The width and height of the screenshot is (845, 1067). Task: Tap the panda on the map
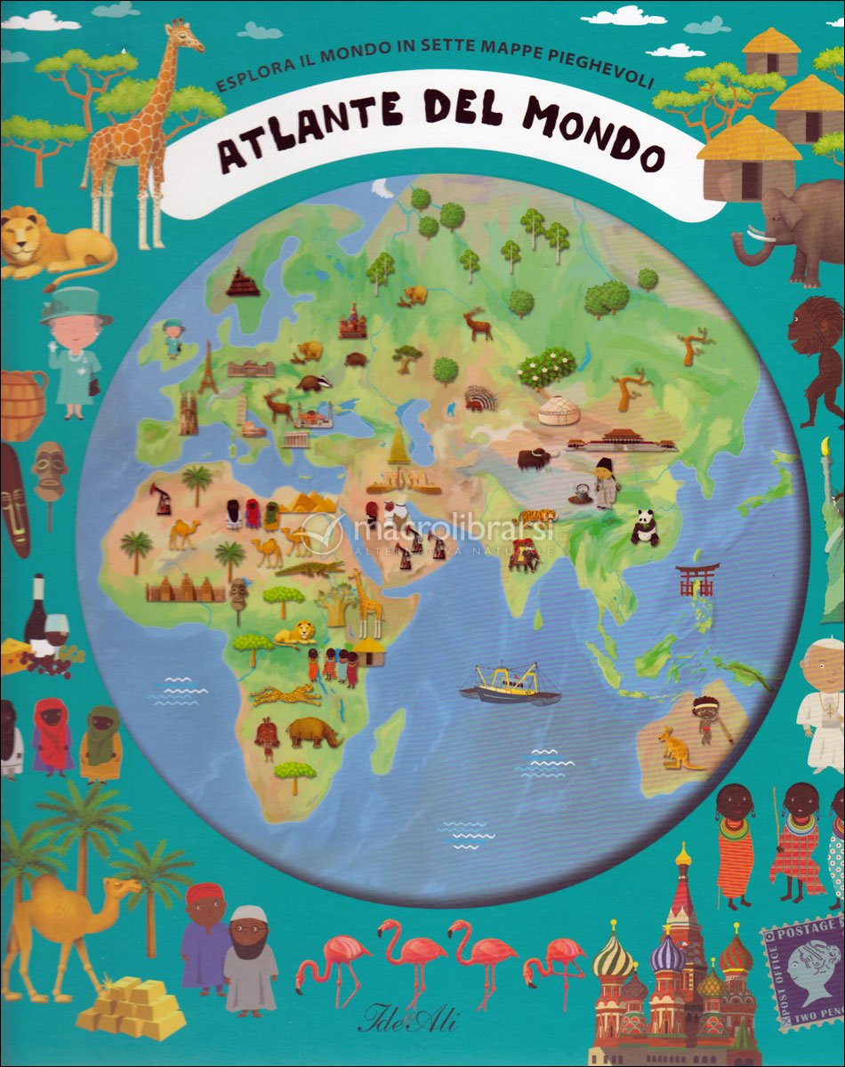(644, 527)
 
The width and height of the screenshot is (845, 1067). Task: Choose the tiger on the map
(537, 516)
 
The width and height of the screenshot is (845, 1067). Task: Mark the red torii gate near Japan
(697, 580)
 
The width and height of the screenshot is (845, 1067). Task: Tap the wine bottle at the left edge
(36, 614)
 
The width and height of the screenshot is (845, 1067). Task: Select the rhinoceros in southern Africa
(313, 733)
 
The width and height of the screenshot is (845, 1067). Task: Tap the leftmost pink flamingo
(334, 959)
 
